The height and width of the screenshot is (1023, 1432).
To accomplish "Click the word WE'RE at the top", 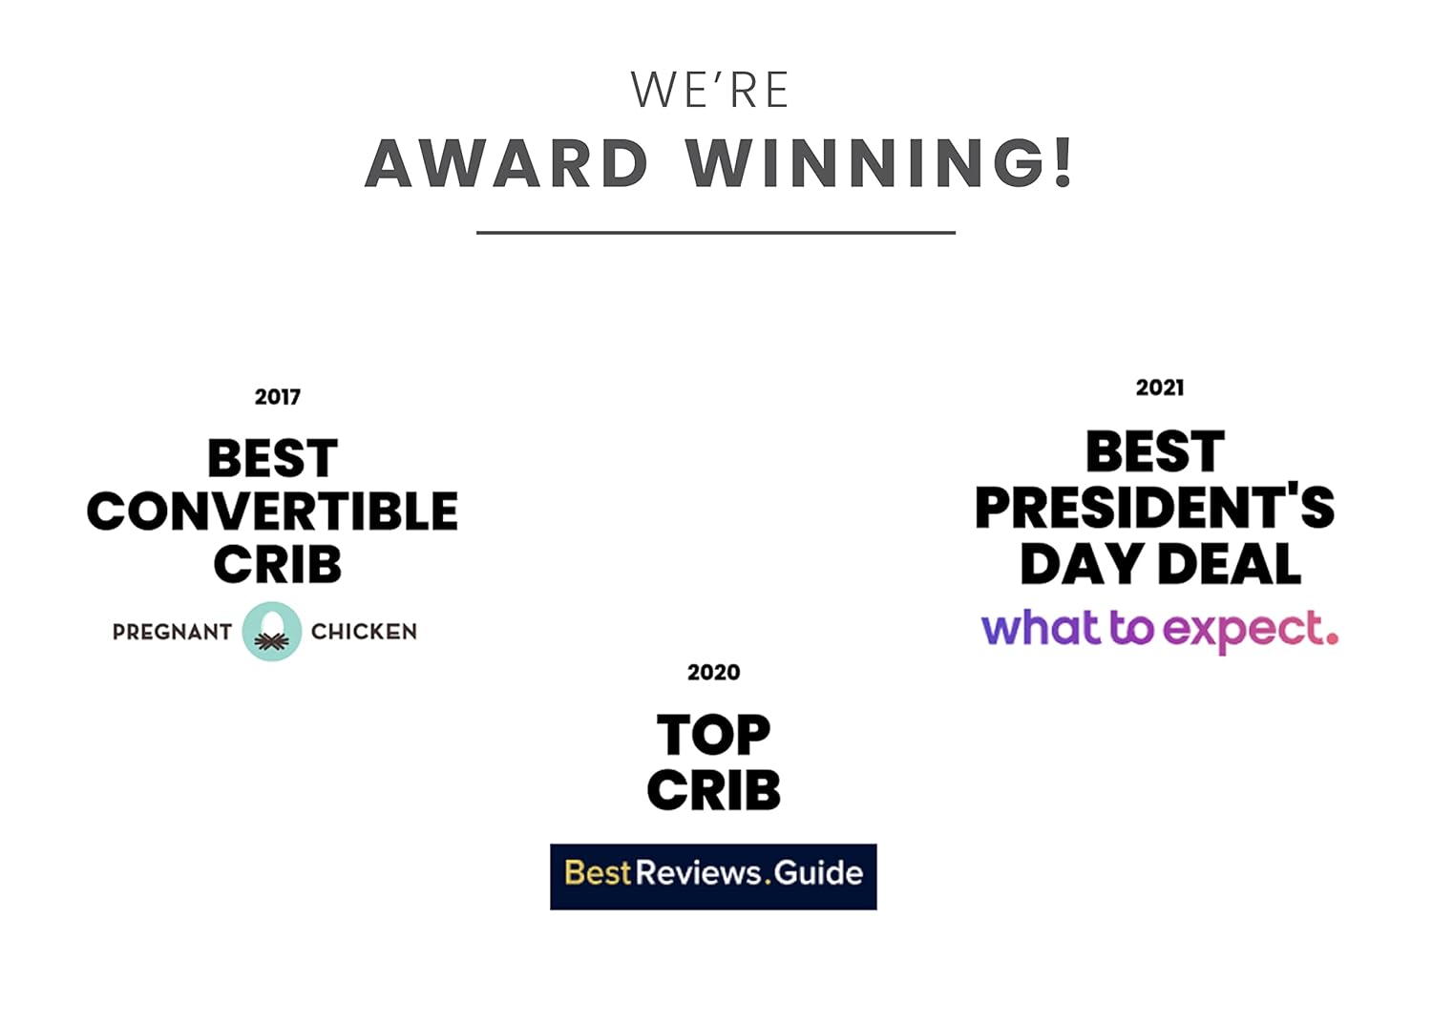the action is pyautogui.click(x=709, y=90).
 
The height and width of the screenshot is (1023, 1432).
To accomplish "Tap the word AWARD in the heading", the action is pyautogui.click(x=507, y=163).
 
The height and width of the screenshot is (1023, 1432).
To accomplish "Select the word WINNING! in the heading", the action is pyautogui.click(x=879, y=163).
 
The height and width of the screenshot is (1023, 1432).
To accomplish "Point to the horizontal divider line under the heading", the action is pyautogui.click(x=716, y=233).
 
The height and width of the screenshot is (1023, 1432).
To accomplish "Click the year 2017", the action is pyautogui.click(x=278, y=397).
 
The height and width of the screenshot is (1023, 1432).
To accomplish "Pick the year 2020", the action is pyautogui.click(x=713, y=672).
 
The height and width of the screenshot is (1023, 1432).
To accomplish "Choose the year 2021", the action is pyautogui.click(x=1160, y=387).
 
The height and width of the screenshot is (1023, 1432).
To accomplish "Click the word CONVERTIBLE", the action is pyautogui.click(x=272, y=511).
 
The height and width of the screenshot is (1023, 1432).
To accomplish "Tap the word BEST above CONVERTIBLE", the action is pyautogui.click(x=273, y=458).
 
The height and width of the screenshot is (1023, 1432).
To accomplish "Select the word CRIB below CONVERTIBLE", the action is pyautogui.click(x=278, y=564).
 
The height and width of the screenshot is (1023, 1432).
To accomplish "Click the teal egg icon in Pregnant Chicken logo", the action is pyautogui.click(x=272, y=632).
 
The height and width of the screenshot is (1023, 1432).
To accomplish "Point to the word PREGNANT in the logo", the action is pyautogui.click(x=172, y=633).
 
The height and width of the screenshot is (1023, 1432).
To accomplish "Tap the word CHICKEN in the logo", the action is pyautogui.click(x=364, y=632).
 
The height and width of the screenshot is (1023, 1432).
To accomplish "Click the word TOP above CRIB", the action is pyautogui.click(x=713, y=736).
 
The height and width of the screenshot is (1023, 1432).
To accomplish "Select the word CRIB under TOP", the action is pyautogui.click(x=713, y=790).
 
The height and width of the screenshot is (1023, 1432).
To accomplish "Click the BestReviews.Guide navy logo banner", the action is pyautogui.click(x=713, y=877).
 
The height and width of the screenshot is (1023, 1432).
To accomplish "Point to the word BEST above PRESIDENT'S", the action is pyautogui.click(x=1155, y=451).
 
